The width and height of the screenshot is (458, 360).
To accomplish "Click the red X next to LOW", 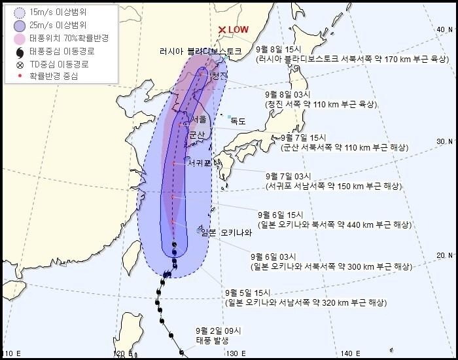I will tap(222, 29).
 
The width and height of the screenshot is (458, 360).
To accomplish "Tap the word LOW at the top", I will tap(238, 29).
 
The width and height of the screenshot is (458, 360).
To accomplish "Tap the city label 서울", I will tap(199, 118).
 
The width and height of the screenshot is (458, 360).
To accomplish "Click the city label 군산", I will tap(196, 134).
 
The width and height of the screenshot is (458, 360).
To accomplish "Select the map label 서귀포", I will tap(199, 162).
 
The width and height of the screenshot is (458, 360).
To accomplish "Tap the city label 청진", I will tap(219, 76).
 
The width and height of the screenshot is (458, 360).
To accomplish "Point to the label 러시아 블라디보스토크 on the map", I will tap(200, 51).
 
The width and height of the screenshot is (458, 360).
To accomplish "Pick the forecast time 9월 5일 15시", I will tap(249, 293).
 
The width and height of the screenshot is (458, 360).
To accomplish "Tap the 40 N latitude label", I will tap(446, 29).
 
